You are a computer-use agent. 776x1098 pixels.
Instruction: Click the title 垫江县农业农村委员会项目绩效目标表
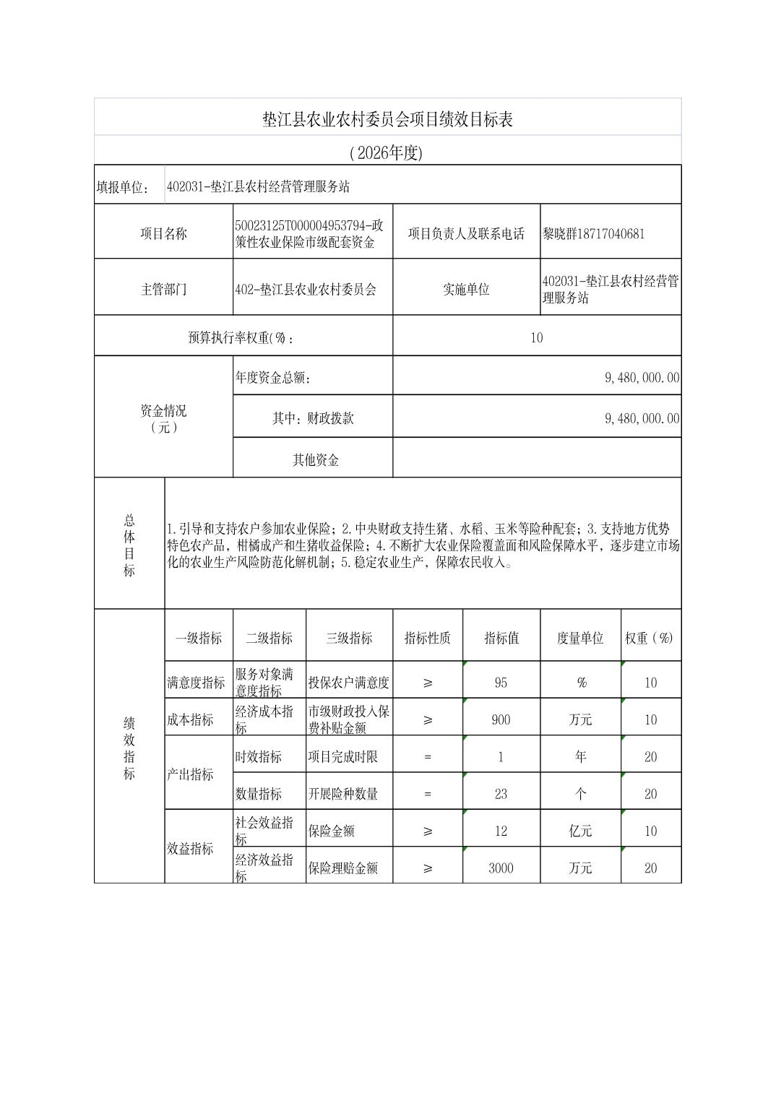[x=387, y=120]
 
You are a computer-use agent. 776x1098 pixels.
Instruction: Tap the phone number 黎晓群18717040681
[x=593, y=233]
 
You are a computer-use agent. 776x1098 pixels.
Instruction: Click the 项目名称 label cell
[x=163, y=233]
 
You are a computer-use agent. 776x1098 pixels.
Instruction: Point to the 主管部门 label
[x=163, y=289]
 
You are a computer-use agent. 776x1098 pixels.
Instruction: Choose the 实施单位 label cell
[x=466, y=289]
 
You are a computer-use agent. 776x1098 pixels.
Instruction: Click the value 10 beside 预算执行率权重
[x=536, y=337]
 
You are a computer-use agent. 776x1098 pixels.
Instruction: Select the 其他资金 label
[x=315, y=459]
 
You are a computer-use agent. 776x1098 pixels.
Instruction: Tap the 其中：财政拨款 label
[x=313, y=418]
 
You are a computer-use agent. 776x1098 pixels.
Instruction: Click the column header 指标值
[x=501, y=638]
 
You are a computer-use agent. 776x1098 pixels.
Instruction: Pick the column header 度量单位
[x=579, y=638]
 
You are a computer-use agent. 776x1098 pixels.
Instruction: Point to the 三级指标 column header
[x=349, y=638]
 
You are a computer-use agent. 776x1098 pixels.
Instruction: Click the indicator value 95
[x=501, y=683]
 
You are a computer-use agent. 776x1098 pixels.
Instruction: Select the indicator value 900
[x=501, y=719]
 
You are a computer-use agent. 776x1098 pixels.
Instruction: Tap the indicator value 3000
[x=501, y=868]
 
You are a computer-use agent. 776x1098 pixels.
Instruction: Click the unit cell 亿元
[x=579, y=831]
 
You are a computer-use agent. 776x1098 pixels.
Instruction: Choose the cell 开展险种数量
[x=343, y=794]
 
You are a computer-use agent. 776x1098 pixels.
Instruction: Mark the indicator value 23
[x=501, y=794]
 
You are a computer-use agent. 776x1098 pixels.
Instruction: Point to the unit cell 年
[x=579, y=757]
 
